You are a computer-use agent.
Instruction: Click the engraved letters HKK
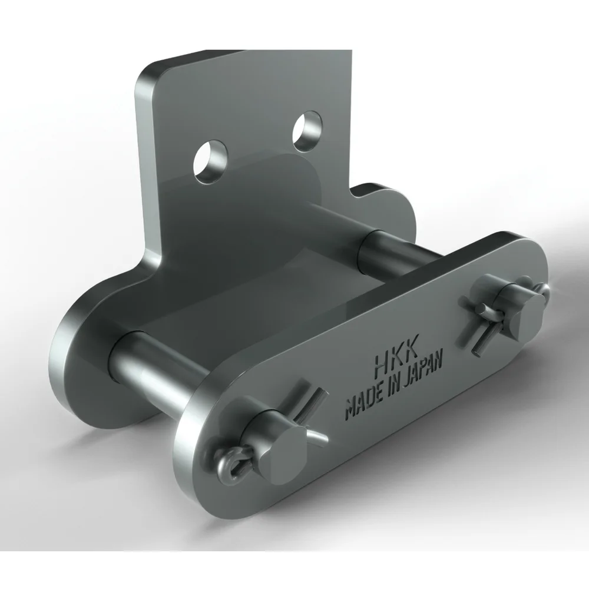(x=396, y=361)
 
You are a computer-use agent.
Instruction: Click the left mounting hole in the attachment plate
(x=210, y=162)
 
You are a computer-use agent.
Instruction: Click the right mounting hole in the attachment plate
(x=307, y=131)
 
